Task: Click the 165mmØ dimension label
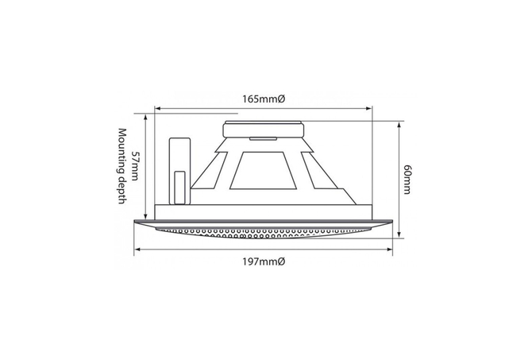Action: point(264,99)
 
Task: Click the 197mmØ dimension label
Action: point(264,261)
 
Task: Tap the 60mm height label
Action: point(407,180)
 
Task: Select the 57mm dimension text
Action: point(134,166)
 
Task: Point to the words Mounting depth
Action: point(122,166)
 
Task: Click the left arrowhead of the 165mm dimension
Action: point(158,109)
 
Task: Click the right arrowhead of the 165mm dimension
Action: point(368,109)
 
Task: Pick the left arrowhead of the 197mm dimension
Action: point(137,250)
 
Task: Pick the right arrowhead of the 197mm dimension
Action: point(390,250)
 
